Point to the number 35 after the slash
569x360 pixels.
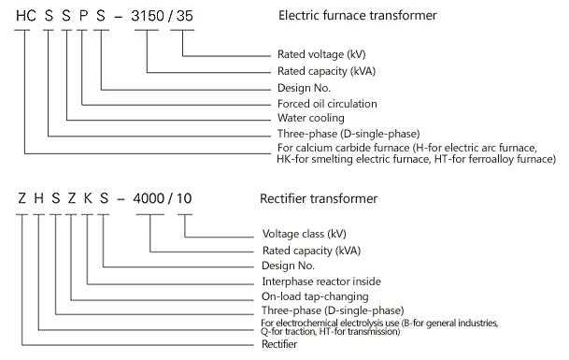point(189,17)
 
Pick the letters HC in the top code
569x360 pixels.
point(28,17)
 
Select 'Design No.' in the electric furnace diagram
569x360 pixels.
point(306,87)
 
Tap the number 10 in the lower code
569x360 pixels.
point(188,199)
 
